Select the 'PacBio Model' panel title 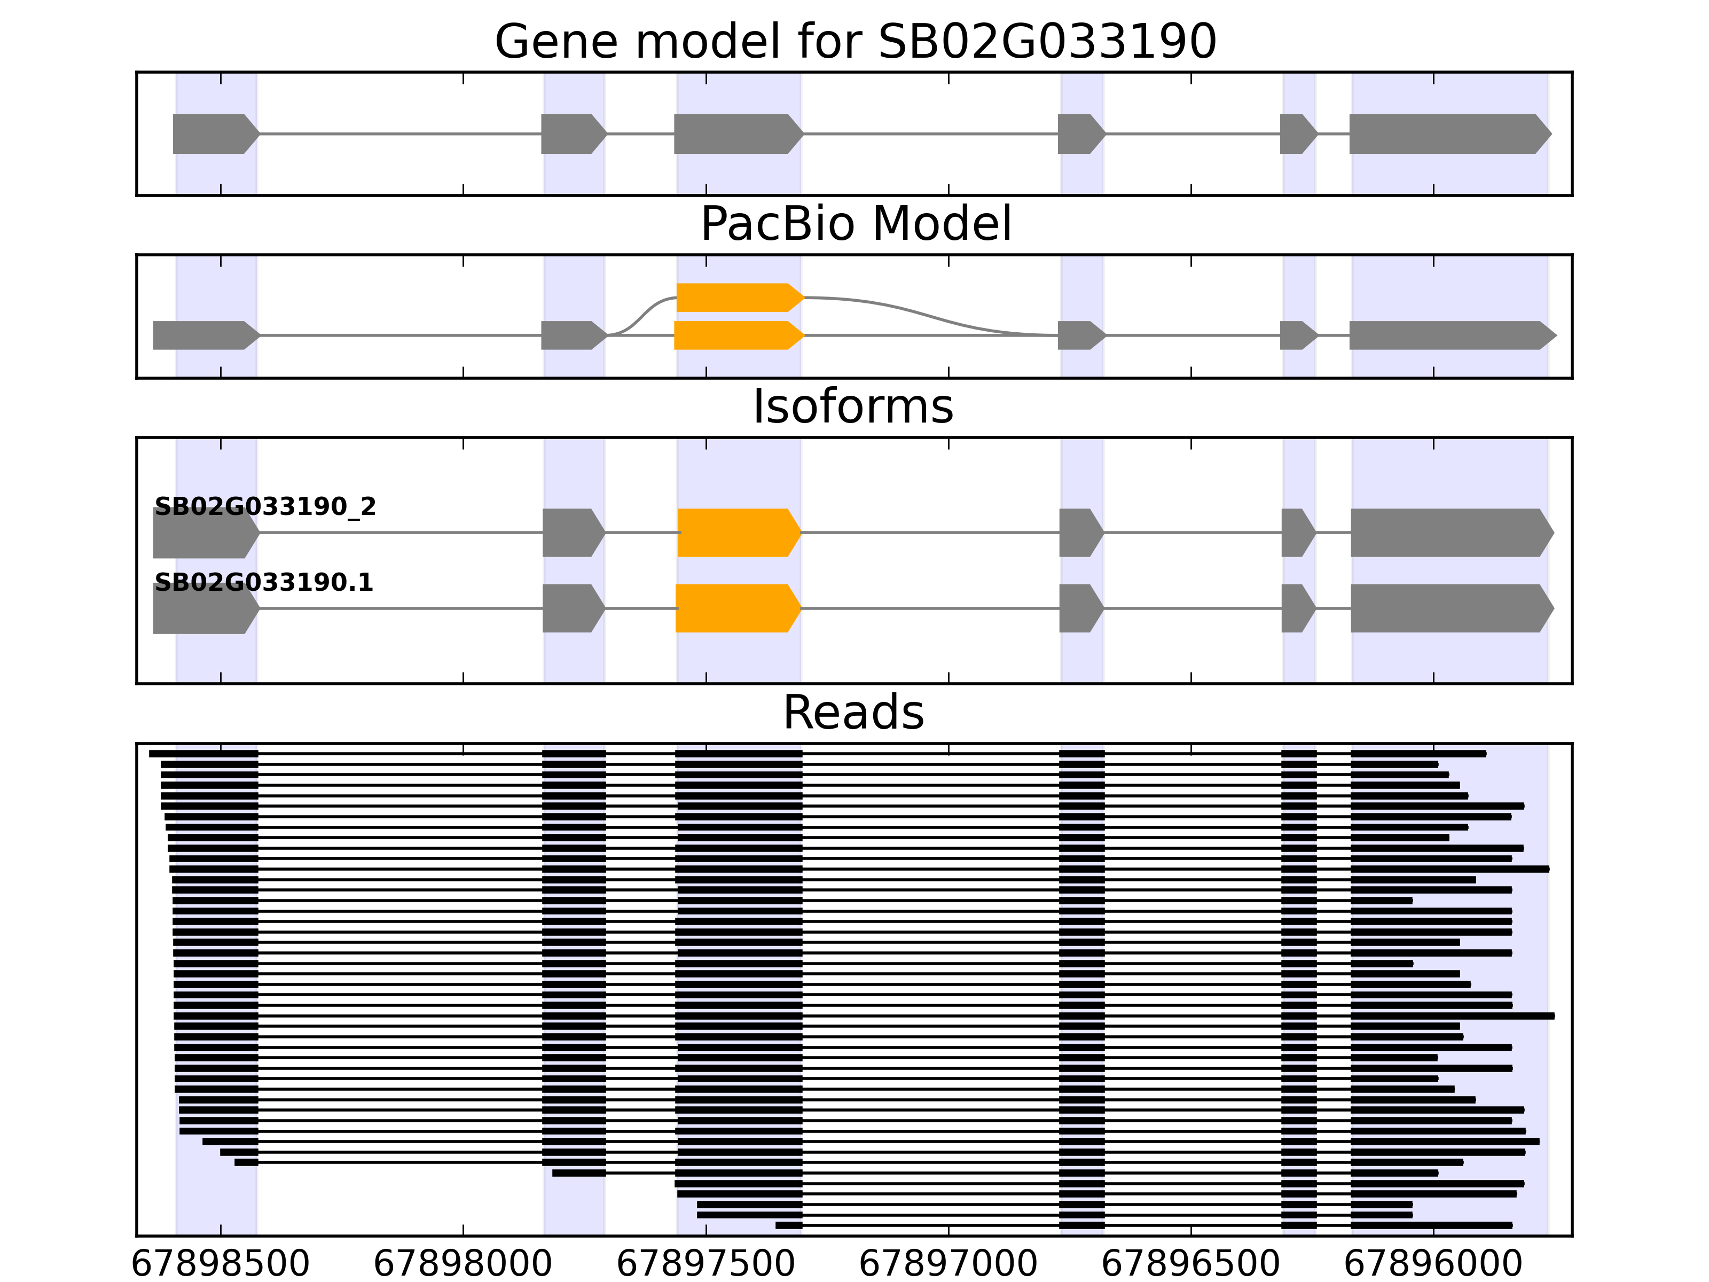click(x=855, y=224)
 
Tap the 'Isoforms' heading click(x=853, y=407)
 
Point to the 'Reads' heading click(x=853, y=713)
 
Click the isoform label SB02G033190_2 click(x=265, y=507)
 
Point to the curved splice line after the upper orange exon click(x=927, y=314)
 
